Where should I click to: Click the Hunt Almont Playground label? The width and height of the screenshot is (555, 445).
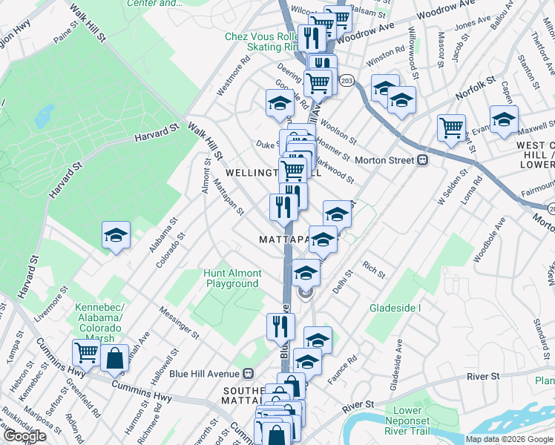pos(232,278)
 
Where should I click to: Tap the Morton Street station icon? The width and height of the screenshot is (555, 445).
pos(423,159)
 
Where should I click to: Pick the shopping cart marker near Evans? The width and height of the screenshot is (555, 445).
pos(451,128)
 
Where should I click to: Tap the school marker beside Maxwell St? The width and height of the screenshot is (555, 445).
pos(503,119)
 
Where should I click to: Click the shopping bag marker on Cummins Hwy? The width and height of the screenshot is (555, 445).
pos(116,358)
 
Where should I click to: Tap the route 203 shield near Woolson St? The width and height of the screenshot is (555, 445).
pos(347,79)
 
